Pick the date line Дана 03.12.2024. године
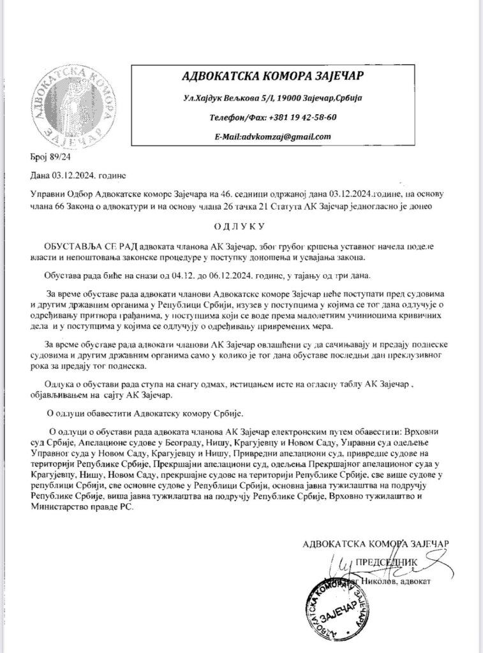[77, 175]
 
